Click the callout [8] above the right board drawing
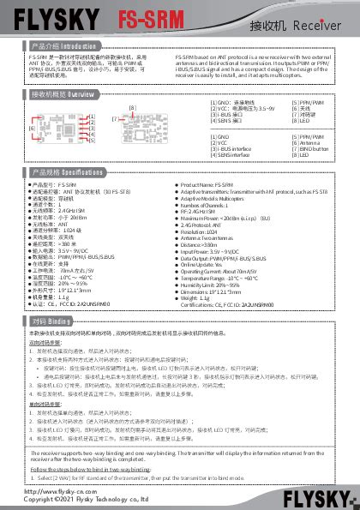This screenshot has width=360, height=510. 132,107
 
